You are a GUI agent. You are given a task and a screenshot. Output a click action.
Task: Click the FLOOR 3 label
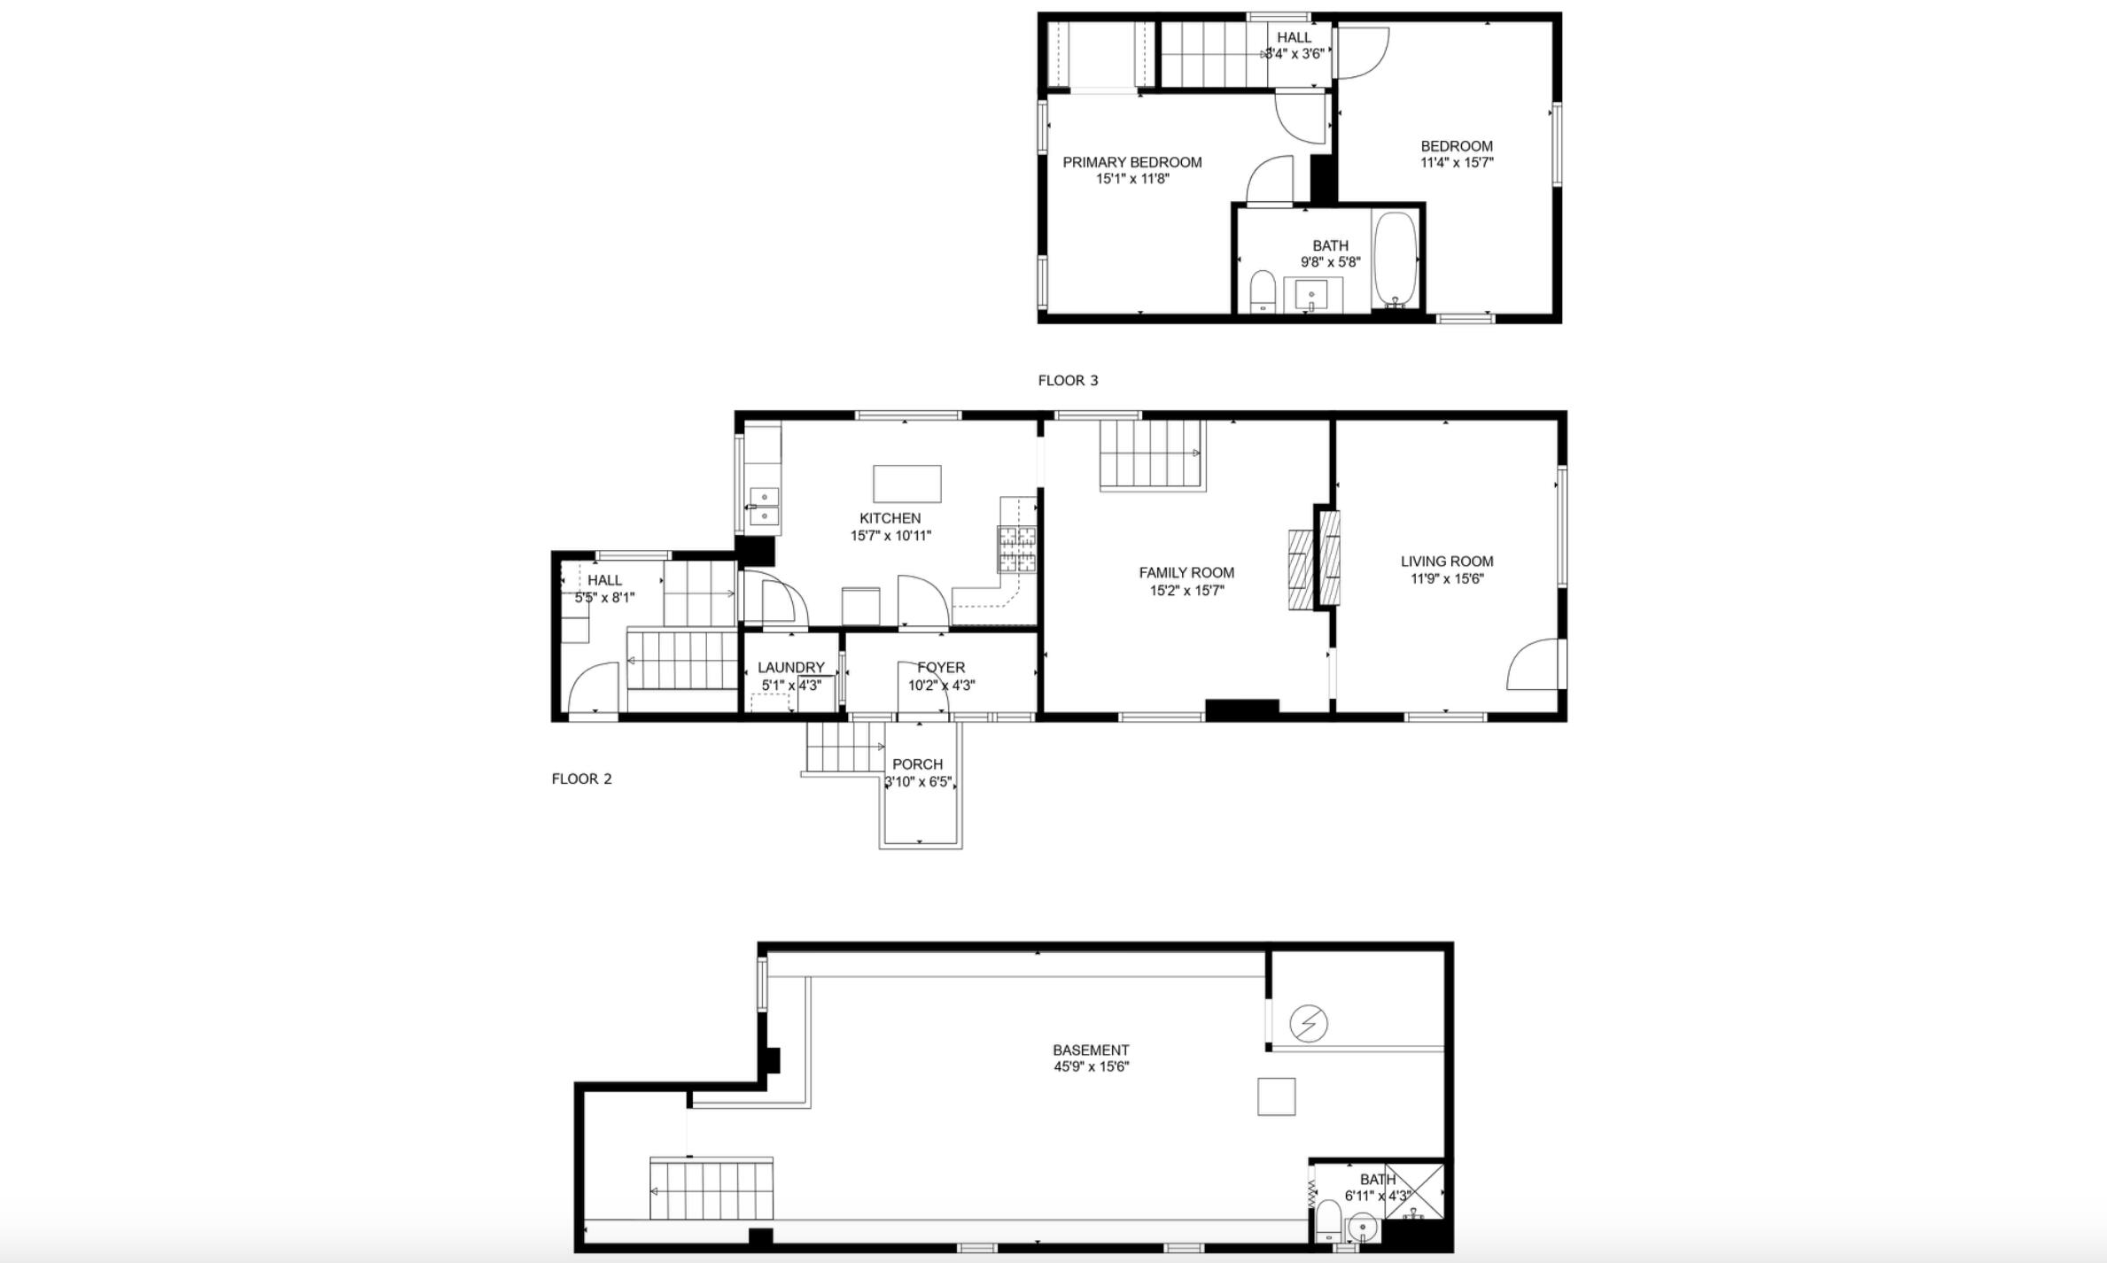tap(1068, 381)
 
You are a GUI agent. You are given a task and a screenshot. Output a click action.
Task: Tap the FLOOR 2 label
tap(581, 779)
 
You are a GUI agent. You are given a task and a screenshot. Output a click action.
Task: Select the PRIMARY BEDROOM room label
tap(1132, 162)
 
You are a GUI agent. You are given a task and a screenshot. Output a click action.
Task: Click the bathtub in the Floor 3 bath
tap(1396, 260)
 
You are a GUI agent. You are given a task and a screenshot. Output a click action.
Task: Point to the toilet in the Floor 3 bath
tap(1262, 291)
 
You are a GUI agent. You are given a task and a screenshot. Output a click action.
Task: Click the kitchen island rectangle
tap(907, 484)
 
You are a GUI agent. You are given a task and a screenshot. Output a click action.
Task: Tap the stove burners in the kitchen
tap(1017, 549)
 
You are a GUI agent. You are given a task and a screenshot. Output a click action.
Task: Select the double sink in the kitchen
tap(764, 506)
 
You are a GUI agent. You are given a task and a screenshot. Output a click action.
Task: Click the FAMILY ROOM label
tap(1186, 573)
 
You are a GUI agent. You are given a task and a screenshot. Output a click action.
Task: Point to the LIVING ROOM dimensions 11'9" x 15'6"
tap(1447, 579)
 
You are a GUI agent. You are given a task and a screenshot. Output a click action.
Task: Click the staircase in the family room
tap(1152, 454)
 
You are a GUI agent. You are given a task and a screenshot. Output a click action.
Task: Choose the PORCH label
tap(917, 764)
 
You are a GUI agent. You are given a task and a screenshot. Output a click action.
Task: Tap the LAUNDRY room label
tap(791, 668)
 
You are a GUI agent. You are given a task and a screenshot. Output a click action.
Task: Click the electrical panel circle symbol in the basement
tap(1309, 1024)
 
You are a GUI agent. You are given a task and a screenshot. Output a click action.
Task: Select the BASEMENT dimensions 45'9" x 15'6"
tap(1091, 1067)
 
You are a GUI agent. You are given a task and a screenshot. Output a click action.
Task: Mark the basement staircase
tap(711, 1189)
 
